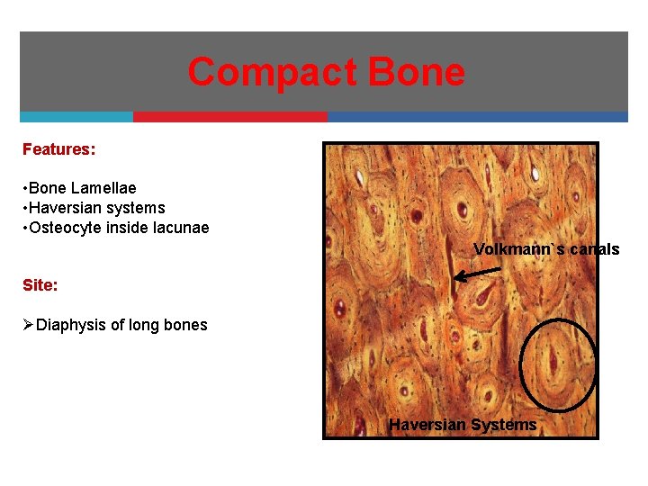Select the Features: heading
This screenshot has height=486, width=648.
pos(58,149)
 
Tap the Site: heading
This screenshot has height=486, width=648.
pos(40,284)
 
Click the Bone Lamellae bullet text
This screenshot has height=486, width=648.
pos(82,188)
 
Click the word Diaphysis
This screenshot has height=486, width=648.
pos(71,325)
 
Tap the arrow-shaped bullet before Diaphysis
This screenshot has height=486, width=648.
pos(28,325)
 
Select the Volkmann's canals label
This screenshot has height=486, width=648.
pos(546,249)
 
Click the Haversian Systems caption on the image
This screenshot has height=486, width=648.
pos(463,425)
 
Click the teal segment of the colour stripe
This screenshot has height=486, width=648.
pos(76,117)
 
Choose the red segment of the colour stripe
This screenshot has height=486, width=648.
pos(230,117)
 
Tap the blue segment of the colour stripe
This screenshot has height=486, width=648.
pos(477,117)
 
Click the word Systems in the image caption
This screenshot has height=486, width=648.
pos(504,425)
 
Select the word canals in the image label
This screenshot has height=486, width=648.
pos(595,249)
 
